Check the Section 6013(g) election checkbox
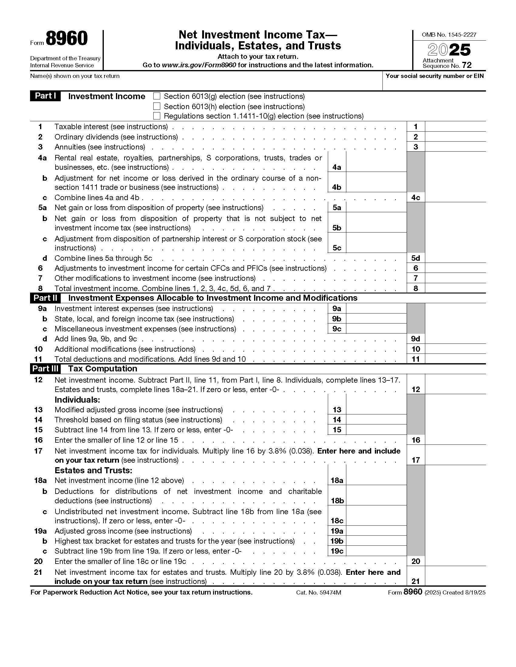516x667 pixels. (157, 96)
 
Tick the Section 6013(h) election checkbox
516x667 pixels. (157, 106)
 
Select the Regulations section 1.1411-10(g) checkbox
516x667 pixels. (157, 116)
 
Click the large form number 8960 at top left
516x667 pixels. (67, 39)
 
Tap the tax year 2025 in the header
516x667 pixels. (449, 50)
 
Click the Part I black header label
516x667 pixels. (45, 96)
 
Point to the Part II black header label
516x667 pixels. (45, 298)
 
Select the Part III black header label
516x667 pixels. (45, 369)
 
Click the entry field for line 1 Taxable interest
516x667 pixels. (455, 126)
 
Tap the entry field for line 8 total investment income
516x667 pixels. (455, 288)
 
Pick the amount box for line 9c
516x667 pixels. (376, 329)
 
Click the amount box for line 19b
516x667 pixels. (376, 541)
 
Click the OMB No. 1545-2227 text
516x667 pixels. (449, 35)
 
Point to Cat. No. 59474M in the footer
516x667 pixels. (318, 592)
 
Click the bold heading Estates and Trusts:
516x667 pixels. (93, 470)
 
